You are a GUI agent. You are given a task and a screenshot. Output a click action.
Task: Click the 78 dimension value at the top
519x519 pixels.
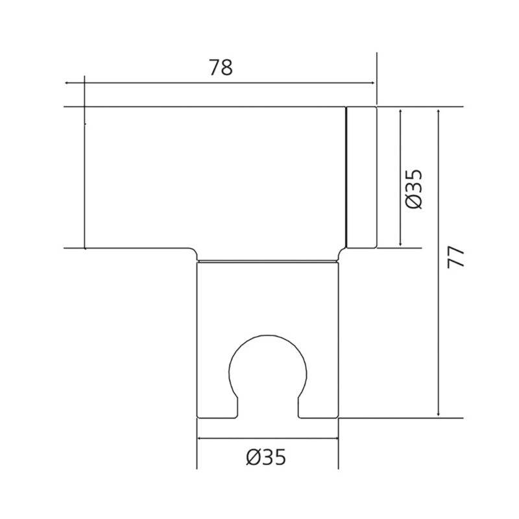[221, 67]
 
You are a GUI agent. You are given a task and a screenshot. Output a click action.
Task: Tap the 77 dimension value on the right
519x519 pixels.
[456, 258]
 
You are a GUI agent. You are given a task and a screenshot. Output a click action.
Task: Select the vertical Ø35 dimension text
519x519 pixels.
[414, 189]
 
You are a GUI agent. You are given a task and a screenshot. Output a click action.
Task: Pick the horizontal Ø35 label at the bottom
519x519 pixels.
[266, 457]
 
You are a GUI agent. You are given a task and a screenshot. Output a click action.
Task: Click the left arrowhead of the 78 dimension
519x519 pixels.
[67, 83]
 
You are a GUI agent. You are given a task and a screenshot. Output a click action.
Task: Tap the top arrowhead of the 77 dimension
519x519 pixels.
[439, 111]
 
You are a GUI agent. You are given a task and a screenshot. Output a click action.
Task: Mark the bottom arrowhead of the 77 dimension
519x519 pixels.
[439, 414]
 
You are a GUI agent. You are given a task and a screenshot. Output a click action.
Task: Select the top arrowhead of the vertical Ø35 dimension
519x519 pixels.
[400, 111]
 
